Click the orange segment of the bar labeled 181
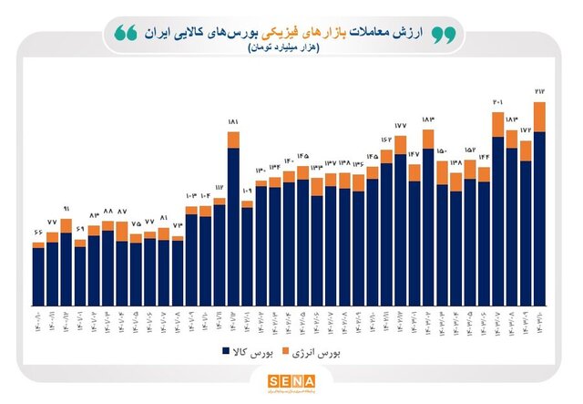233,140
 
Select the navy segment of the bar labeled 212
539,219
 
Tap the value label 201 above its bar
498,103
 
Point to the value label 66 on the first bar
37,233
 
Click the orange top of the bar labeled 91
66,225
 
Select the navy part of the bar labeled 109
247,255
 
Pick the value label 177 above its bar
400,125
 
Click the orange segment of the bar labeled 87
121,232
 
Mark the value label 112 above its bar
219,186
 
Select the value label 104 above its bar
205,196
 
